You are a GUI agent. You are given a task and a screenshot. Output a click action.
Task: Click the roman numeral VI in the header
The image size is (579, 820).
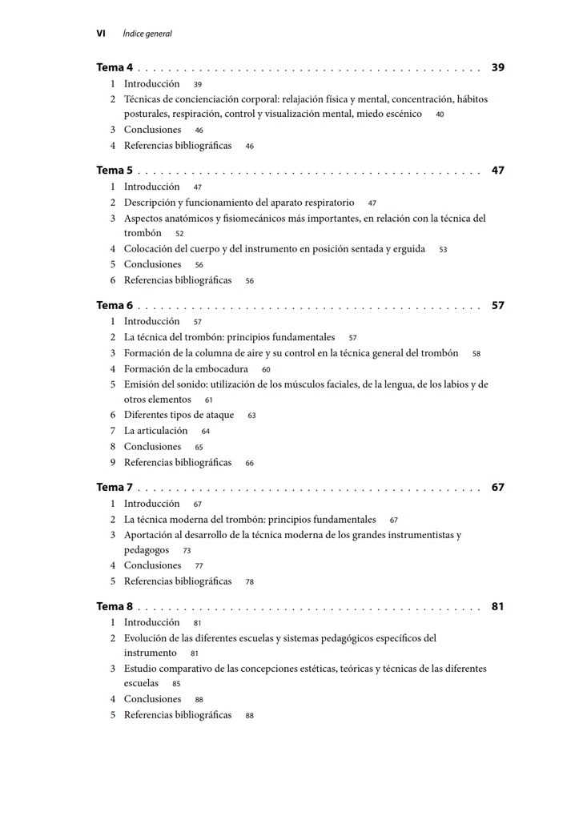pyautogui.click(x=101, y=34)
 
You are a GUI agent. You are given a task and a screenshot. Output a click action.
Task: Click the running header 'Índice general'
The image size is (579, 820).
pyautogui.click(x=147, y=34)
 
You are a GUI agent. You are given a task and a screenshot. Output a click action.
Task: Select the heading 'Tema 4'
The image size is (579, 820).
pyautogui.click(x=115, y=68)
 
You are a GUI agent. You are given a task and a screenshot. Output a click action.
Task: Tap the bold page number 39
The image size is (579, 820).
pyautogui.click(x=498, y=68)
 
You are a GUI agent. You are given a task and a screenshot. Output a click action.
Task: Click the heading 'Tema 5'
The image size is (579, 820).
pyautogui.click(x=115, y=171)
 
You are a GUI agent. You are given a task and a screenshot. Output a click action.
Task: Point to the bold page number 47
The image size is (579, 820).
pyautogui.click(x=498, y=171)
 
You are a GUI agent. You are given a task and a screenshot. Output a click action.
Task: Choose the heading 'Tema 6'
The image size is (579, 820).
pyautogui.click(x=115, y=305)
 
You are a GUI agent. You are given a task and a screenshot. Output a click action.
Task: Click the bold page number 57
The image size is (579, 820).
pyautogui.click(x=498, y=305)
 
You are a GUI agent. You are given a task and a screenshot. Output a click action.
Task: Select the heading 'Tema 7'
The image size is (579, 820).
pyautogui.click(x=115, y=487)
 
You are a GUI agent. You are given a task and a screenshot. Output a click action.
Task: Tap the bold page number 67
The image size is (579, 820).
pyautogui.click(x=498, y=487)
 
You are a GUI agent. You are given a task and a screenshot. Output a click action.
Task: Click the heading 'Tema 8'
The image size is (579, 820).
pyautogui.click(x=115, y=606)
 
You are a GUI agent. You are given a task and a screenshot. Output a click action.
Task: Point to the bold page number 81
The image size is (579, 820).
pyautogui.click(x=498, y=606)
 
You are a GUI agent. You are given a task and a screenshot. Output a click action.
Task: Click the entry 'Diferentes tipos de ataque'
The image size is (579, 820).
pyautogui.click(x=179, y=415)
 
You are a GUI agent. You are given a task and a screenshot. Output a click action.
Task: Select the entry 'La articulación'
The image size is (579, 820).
pyautogui.click(x=155, y=431)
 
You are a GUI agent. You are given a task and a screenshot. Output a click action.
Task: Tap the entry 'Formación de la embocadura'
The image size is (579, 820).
pyautogui.click(x=186, y=369)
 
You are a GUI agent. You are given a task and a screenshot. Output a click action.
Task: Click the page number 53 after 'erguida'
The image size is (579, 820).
pyautogui.click(x=443, y=250)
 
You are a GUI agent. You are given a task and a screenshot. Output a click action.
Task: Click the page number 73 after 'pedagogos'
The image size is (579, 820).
pyautogui.click(x=187, y=551)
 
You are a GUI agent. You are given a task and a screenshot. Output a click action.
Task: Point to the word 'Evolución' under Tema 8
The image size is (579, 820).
pyautogui.click(x=146, y=638)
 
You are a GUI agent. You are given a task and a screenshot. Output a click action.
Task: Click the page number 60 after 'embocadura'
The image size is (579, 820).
pyautogui.click(x=266, y=370)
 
